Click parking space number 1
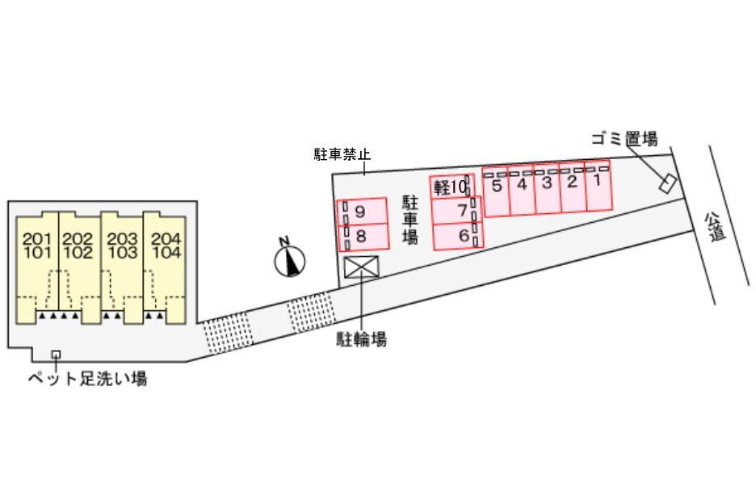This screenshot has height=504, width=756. (598, 186)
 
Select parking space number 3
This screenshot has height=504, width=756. (548, 188)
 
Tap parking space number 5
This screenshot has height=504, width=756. (496, 191)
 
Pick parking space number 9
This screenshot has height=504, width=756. (363, 212)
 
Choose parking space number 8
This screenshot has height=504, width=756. (363, 237)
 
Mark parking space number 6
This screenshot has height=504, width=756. (458, 237)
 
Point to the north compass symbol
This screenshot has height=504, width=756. (290, 260)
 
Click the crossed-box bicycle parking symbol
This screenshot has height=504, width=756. (362, 267)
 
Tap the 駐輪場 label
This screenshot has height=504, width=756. (362, 339)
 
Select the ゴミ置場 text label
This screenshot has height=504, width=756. (625, 140)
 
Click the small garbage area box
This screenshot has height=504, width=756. (668, 183)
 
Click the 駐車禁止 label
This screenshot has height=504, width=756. (342, 155)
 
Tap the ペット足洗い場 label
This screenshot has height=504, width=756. (87, 379)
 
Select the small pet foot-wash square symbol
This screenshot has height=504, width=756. (56, 355)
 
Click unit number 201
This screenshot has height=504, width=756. (37, 238)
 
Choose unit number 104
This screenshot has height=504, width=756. (166, 252)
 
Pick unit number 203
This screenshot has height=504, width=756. (123, 238)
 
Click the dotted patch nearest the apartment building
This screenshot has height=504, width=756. (228, 333)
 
